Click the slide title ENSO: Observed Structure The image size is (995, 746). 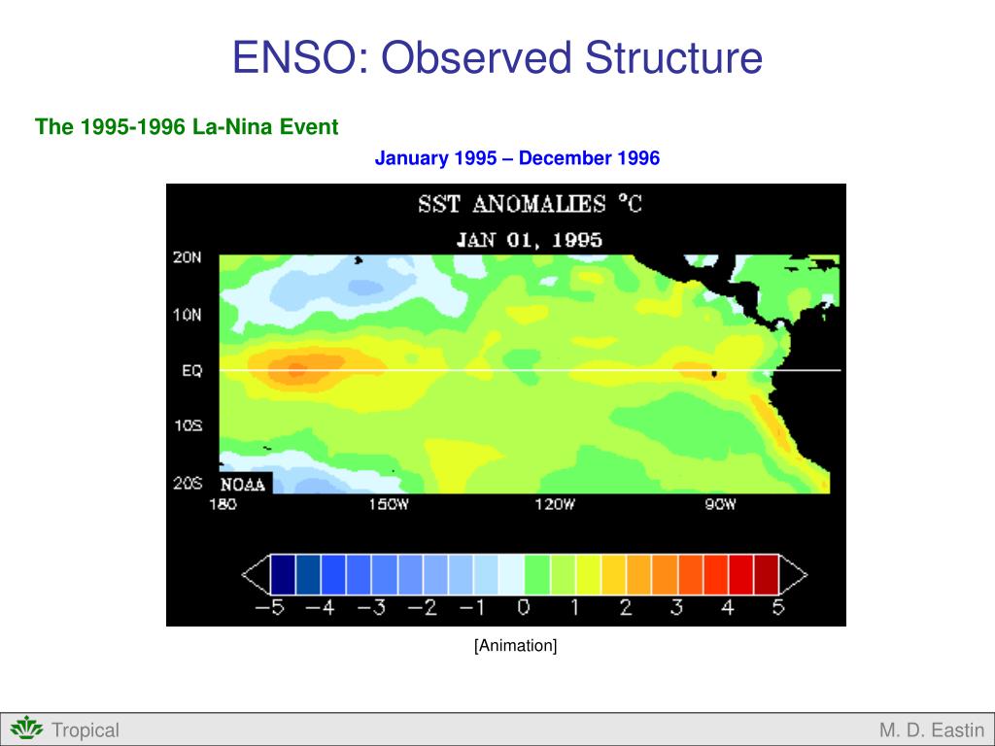click(497, 58)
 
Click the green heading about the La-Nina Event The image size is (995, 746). click(187, 126)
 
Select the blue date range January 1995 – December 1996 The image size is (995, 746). click(517, 158)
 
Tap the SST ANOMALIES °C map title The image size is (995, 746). click(530, 205)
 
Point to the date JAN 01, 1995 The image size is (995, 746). click(530, 240)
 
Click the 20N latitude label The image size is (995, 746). click(188, 257)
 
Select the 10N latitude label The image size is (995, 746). click(188, 315)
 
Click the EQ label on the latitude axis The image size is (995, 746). click(191, 371)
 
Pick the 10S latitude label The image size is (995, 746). click(188, 426)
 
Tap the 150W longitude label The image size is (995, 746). click(389, 505)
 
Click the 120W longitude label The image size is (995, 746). click(555, 505)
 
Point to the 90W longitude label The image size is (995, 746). click(720, 505)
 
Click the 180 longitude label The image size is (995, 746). click(223, 505)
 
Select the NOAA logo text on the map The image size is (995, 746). click(244, 484)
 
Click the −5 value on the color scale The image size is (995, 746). click(270, 609)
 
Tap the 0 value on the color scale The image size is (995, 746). click(524, 609)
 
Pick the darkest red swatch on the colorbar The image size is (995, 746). click(767, 574)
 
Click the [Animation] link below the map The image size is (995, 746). click(515, 646)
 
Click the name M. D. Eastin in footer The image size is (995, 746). click(931, 730)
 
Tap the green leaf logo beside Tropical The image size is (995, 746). click(27, 729)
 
